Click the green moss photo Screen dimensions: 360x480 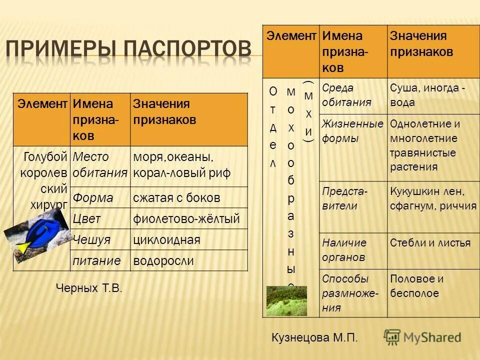286,301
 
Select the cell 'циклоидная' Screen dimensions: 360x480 166,240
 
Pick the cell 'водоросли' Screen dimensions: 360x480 163,261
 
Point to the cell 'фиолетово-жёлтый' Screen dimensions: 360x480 186,219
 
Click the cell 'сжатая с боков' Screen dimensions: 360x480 176,198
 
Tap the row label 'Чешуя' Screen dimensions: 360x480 91,240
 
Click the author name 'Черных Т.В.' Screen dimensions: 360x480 88,288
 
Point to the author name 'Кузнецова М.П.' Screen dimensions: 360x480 314,338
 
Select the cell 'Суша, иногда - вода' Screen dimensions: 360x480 427,95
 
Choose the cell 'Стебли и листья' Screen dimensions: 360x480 429,243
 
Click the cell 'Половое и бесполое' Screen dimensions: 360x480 416,286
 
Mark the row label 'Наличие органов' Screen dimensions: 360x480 344,250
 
